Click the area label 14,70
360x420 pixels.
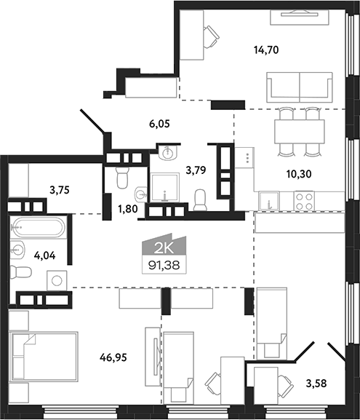coord(266,50)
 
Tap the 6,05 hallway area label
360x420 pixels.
coord(159,124)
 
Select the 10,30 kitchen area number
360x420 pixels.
coord(299,175)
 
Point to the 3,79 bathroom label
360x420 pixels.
coord(196,170)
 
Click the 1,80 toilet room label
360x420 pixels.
coord(128,209)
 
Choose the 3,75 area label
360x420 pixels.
coord(60,190)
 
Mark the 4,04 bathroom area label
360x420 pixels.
coord(44,255)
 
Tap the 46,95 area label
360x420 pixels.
coord(113,357)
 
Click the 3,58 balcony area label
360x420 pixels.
coord(316,384)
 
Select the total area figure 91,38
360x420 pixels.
coord(164,266)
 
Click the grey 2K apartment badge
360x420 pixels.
coord(164,245)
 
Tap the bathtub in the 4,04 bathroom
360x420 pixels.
coord(38,227)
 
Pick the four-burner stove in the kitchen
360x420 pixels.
coord(304,201)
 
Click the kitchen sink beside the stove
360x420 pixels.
coord(269,201)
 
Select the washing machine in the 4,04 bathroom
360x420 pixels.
coord(57,281)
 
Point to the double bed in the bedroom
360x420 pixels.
coord(44,357)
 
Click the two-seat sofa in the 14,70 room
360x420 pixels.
coord(300,87)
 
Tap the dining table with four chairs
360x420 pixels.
coord(300,132)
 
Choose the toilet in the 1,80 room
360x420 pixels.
coord(123,177)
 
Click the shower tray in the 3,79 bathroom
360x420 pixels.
coord(164,187)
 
